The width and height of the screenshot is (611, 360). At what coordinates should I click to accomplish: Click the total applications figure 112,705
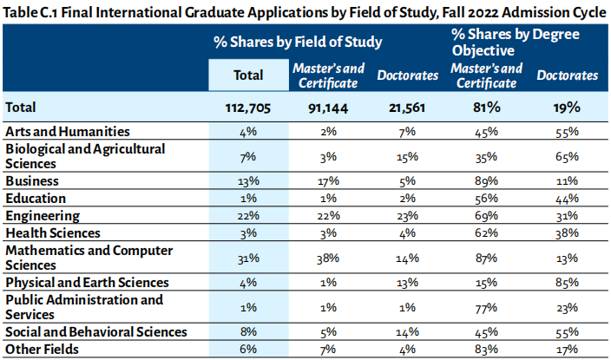click(x=248, y=108)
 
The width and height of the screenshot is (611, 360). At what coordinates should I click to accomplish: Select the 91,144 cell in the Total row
click(x=329, y=108)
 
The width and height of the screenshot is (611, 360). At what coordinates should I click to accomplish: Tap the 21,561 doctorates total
click(x=407, y=108)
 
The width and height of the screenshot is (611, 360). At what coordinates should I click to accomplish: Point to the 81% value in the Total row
click(x=486, y=108)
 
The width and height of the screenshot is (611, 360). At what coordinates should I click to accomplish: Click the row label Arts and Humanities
click(x=68, y=131)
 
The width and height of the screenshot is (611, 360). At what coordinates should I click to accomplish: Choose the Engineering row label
click(x=43, y=215)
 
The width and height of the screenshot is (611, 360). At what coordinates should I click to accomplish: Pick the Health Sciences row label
click(x=53, y=232)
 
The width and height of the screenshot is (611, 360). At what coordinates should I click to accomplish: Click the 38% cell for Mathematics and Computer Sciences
click(x=329, y=258)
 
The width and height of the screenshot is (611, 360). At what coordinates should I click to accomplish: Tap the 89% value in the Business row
click(x=486, y=181)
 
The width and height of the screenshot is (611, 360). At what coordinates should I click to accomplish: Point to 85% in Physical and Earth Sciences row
click(x=568, y=283)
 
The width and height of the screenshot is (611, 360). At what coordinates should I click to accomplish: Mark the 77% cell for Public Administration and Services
click(x=486, y=307)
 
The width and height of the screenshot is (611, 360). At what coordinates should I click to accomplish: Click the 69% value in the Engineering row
click(x=486, y=215)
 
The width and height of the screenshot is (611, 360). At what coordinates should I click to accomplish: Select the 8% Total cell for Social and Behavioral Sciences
click(x=248, y=332)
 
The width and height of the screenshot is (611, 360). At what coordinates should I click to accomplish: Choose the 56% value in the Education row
click(x=486, y=199)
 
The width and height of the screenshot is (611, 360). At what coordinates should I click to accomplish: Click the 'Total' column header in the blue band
click(x=248, y=75)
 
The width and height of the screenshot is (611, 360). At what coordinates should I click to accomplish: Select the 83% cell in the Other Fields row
click(x=486, y=349)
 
